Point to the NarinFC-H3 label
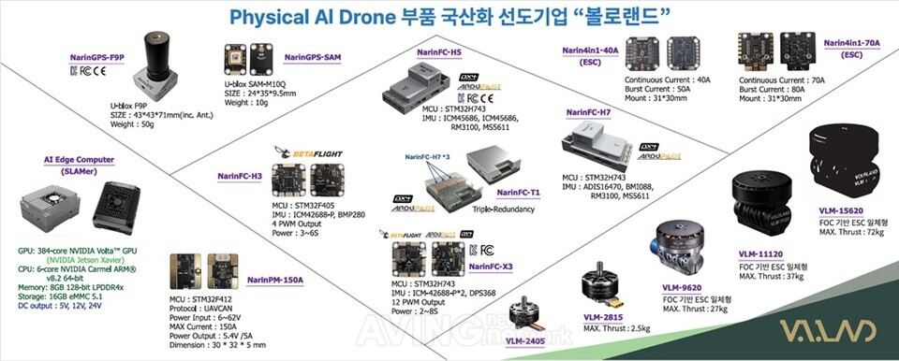[239, 174]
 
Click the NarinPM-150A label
[275, 280]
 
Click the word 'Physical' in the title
[265, 18]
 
